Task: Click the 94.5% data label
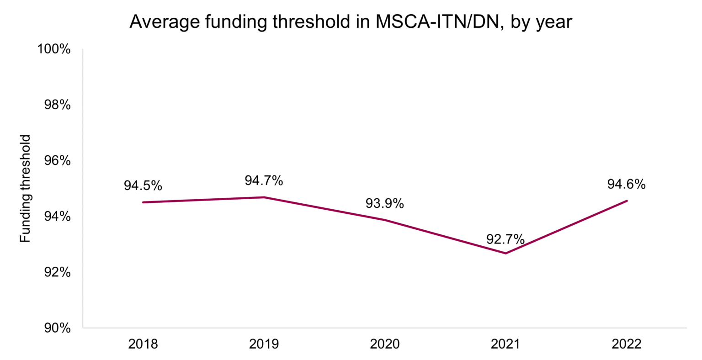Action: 143,185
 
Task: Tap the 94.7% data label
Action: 264,180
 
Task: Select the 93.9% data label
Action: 384,203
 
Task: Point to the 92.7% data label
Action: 505,239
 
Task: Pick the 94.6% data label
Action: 626,184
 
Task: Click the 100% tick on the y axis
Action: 53,49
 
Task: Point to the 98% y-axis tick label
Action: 57,105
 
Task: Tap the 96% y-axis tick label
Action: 57,161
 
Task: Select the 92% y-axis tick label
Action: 57,272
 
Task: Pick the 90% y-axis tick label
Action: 57,328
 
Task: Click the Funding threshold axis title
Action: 26,188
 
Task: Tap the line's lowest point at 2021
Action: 505,253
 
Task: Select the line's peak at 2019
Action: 264,197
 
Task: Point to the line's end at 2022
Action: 627,201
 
